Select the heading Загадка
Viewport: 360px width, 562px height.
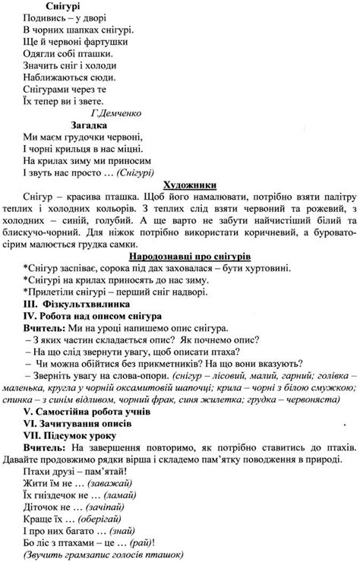click(x=90, y=125)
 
